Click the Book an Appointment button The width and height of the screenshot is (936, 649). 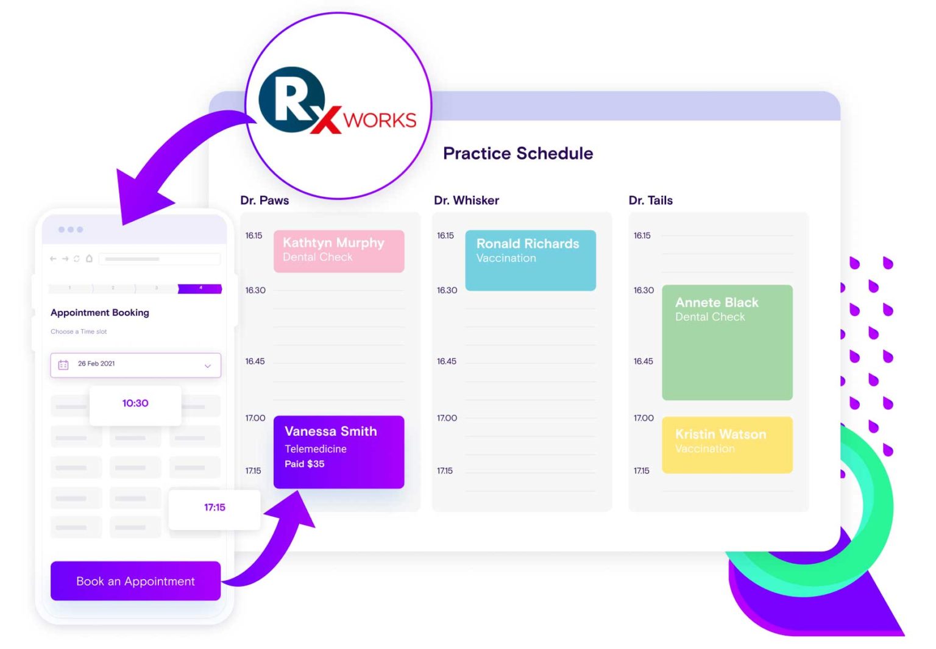click(x=135, y=581)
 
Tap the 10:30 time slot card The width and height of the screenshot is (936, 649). click(x=135, y=403)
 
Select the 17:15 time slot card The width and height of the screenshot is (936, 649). click(x=214, y=507)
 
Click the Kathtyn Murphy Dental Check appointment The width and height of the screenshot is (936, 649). click(x=339, y=250)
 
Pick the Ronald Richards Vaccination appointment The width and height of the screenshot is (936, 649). click(x=530, y=260)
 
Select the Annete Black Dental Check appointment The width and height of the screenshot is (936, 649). click(x=727, y=342)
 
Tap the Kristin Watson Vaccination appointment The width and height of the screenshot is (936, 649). click(x=727, y=444)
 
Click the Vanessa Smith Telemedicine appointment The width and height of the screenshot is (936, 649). click(x=339, y=452)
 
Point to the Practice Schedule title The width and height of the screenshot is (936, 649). click(x=518, y=153)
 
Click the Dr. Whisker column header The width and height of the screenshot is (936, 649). click(x=466, y=200)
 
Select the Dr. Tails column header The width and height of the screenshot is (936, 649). click(x=650, y=200)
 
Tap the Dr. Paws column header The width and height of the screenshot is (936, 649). click(x=264, y=200)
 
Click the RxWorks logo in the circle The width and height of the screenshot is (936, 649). click(x=338, y=105)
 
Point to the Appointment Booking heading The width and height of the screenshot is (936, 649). click(x=100, y=313)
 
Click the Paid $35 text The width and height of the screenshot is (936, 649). click(x=305, y=464)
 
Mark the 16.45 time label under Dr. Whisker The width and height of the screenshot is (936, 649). click(x=447, y=361)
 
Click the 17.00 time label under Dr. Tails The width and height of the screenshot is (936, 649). click(x=643, y=418)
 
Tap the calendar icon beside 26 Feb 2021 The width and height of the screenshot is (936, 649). click(x=63, y=364)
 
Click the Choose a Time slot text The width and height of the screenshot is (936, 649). click(x=79, y=332)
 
